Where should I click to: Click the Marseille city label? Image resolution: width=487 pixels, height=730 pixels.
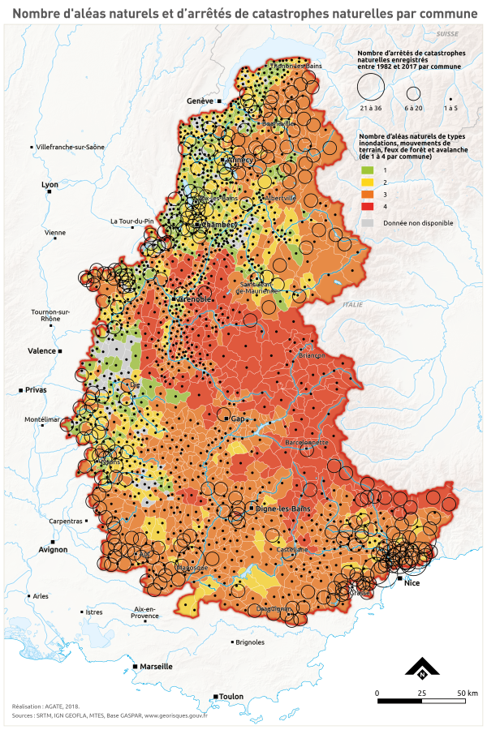click(x=156, y=666)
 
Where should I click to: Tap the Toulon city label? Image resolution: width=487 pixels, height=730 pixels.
click(x=231, y=696)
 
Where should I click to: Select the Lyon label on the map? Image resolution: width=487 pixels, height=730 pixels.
click(x=50, y=185)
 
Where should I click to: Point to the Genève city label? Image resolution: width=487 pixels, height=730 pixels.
click(x=199, y=101)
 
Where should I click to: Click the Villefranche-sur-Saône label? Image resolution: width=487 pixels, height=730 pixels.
click(x=71, y=147)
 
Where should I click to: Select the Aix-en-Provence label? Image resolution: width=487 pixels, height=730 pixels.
click(x=144, y=612)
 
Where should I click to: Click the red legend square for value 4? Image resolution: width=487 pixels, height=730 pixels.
click(x=367, y=208)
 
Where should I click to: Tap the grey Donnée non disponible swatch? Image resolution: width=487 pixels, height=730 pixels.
click(x=367, y=222)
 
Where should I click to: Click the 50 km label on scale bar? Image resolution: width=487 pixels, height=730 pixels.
click(x=467, y=693)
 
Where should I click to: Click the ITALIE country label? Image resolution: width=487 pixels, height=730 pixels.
click(x=353, y=304)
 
